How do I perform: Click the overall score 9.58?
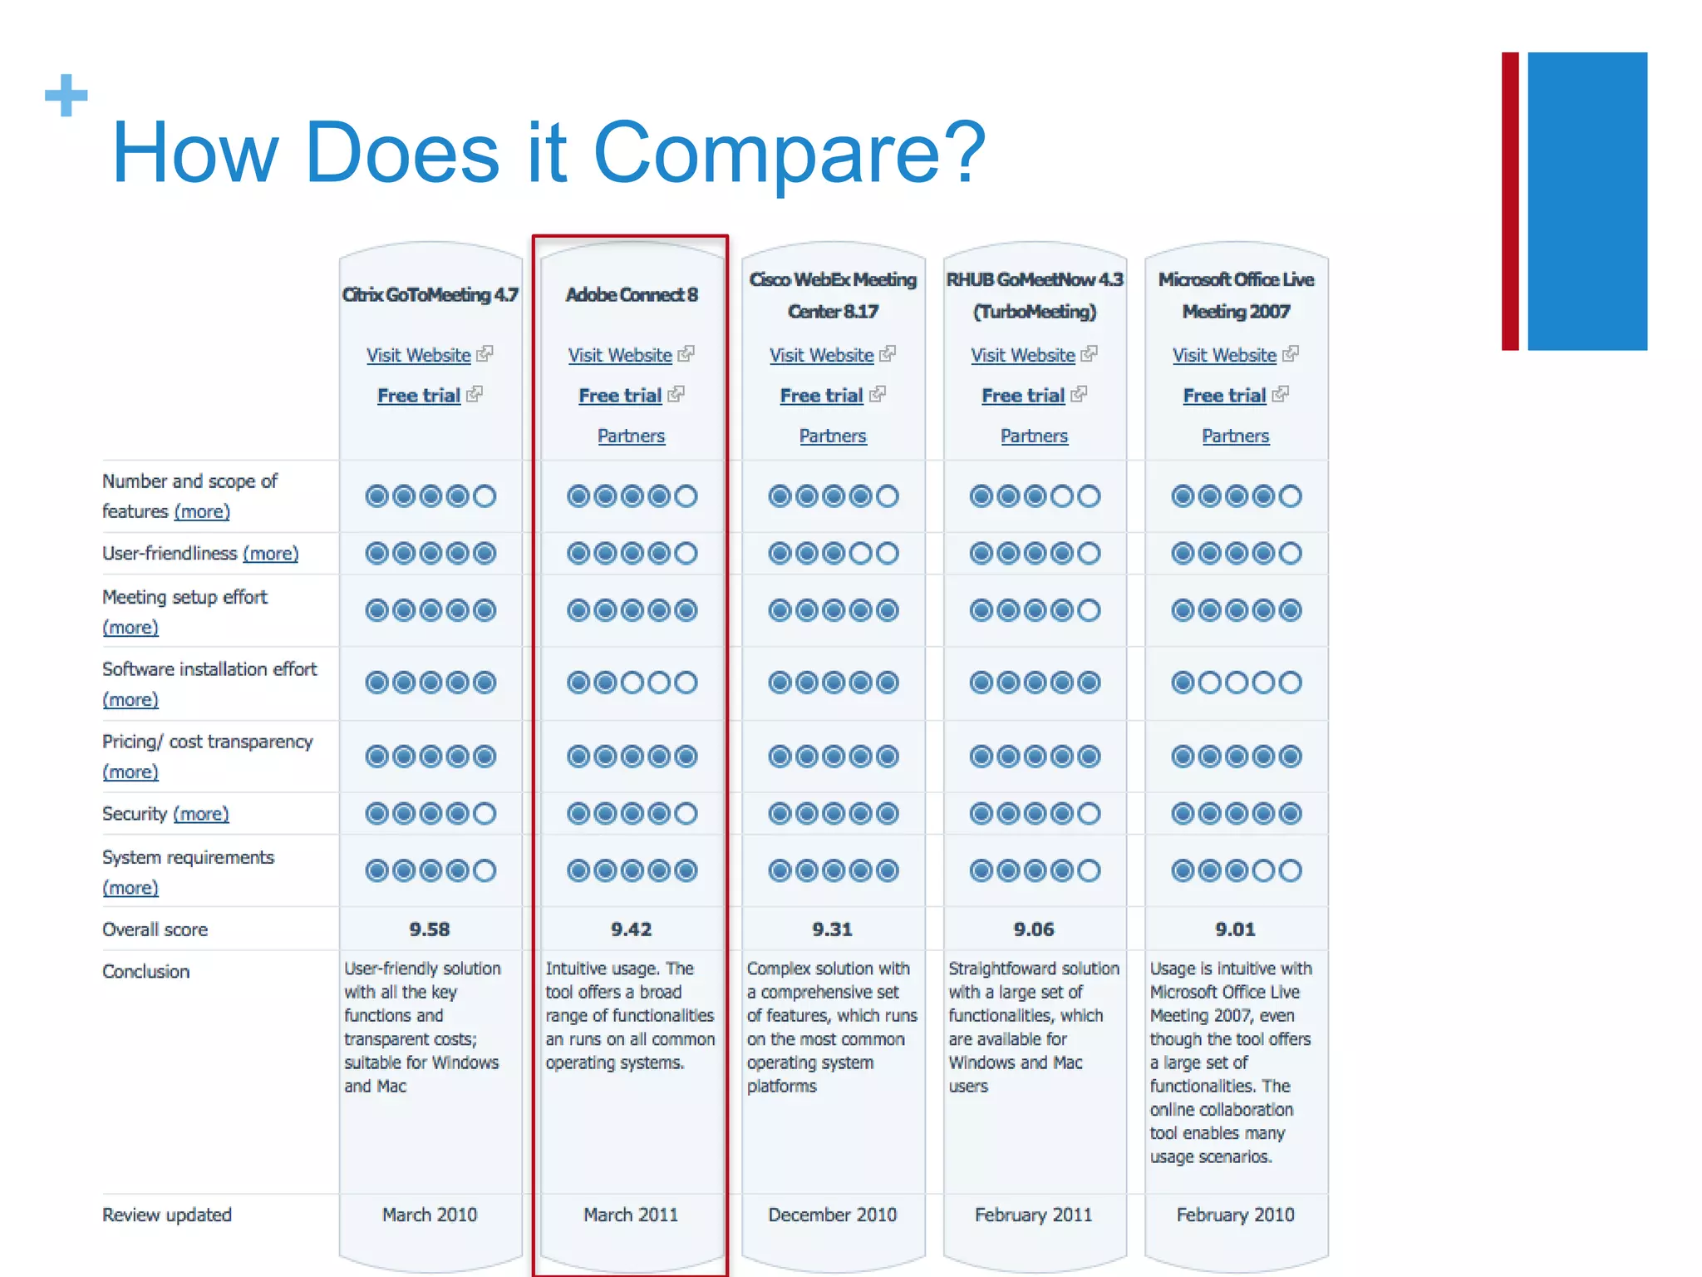429,929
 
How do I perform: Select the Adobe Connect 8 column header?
631,294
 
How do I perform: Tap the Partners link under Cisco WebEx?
833,436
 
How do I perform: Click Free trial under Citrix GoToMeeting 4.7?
419,396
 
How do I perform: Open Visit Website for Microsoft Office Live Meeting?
1224,355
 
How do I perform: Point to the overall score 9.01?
1235,929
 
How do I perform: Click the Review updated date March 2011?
631,1215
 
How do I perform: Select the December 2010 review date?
833,1215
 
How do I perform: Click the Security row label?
135,814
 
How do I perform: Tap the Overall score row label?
155,929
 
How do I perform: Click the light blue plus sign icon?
66,95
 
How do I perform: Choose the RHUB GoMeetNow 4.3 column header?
1035,295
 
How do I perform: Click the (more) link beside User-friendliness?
270,554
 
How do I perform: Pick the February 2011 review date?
1034,1215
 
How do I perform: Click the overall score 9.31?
833,929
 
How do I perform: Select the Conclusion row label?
146,971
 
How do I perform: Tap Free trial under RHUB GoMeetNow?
1023,396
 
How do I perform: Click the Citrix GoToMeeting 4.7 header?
430,294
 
